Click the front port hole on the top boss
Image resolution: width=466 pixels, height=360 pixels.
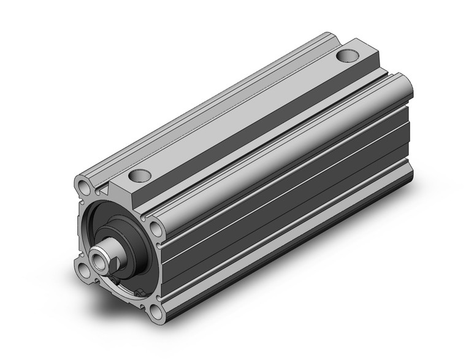coord(140,177)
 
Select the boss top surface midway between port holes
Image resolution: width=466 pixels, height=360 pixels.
coord(245,117)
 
